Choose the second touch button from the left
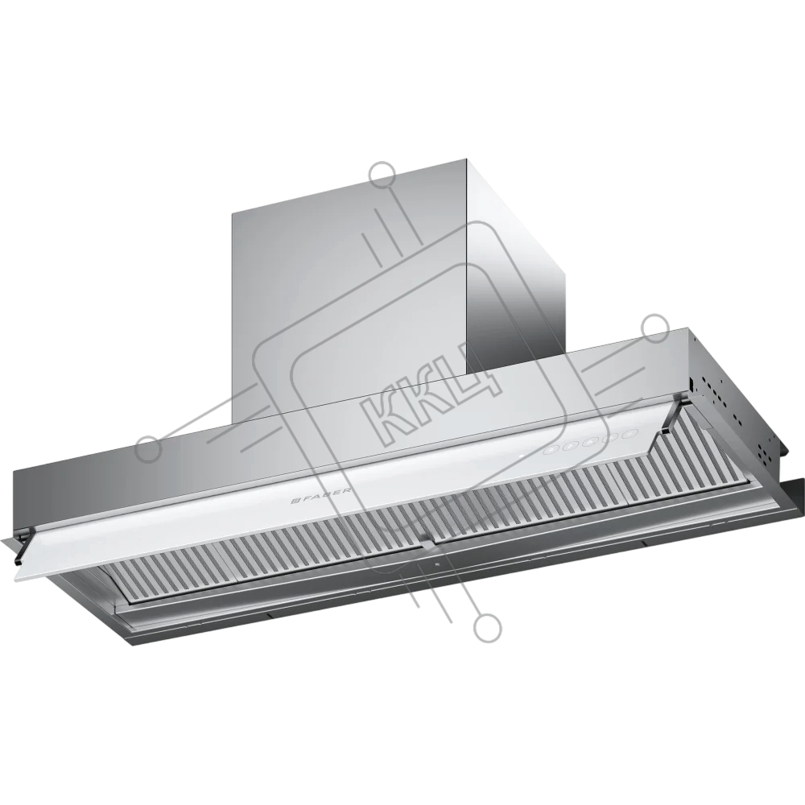click(x=570, y=446)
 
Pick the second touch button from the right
click(x=612, y=437)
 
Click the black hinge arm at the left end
click(x=24, y=545)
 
